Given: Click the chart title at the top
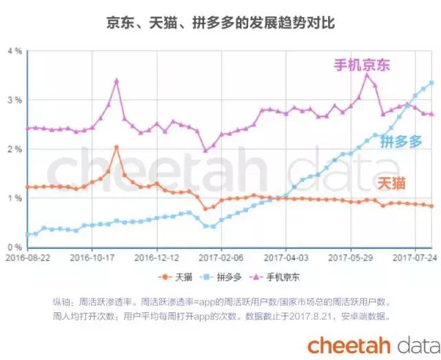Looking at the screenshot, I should [x=220, y=23].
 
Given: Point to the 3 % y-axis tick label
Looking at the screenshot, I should [x=14, y=101].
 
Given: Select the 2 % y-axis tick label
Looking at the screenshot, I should [x=14, y=150].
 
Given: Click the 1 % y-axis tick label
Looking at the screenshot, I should [x=14, y=199].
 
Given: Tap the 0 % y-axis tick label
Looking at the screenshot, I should [x=14, y=248].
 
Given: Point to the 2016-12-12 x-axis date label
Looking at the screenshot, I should [x=157, y=257].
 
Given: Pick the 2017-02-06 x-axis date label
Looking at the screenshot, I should [x=222, y=257].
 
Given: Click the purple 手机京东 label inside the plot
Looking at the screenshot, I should [x=362, y=66].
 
